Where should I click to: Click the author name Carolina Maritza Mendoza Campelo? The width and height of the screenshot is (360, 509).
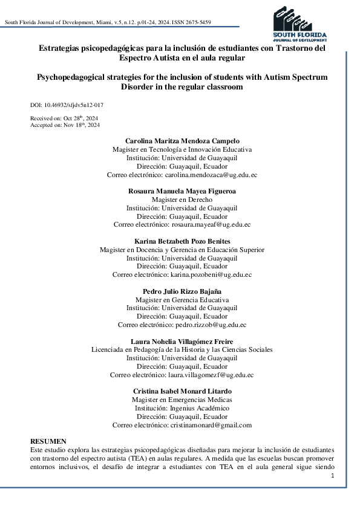tap(182, 141)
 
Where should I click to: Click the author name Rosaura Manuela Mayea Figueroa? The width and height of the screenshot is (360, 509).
tap(182, 191)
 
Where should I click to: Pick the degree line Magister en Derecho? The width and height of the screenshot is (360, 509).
tap(182, 199)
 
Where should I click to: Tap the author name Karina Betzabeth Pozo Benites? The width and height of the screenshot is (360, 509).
tap(182, 241)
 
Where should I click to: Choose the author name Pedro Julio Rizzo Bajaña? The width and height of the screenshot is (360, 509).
tap(182, 291)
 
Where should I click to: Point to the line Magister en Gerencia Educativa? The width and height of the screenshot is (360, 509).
tap(182, 299)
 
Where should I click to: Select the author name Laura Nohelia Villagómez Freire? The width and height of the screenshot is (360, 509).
tap(182, 341)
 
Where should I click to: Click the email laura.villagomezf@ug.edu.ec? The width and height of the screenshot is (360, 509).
tap(212, 375)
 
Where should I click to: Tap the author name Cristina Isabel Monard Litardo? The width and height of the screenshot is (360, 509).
tap(182, 391)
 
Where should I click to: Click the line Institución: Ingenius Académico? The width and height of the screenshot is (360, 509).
tap(182, 408)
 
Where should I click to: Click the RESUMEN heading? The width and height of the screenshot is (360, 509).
tap(48, 442)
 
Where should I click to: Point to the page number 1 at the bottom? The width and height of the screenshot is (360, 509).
tap(333, 476)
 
